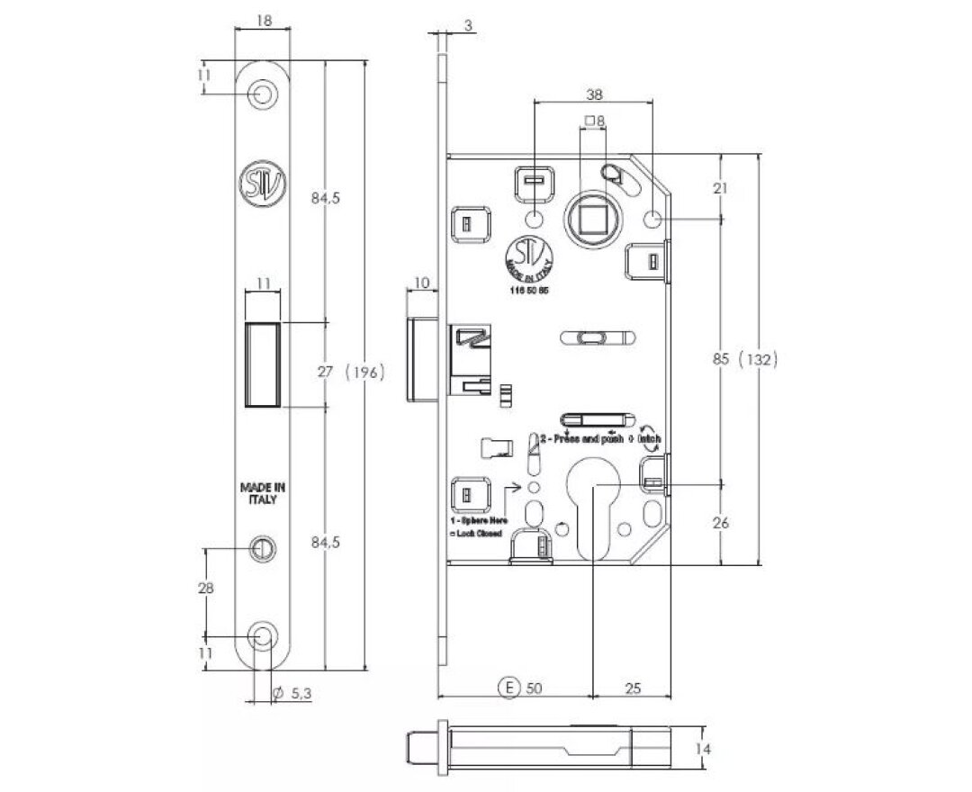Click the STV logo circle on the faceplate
(262, 183)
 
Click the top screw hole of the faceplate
(263, 93)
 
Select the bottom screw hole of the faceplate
(263, 637)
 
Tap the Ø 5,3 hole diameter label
(295, 693)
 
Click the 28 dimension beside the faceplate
(206, 589)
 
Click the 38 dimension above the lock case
(594, 92)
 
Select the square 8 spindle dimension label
(594, 120)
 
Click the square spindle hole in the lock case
(594, 217)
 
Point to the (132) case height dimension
(757, 358)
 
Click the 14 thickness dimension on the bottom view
(706, 748)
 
